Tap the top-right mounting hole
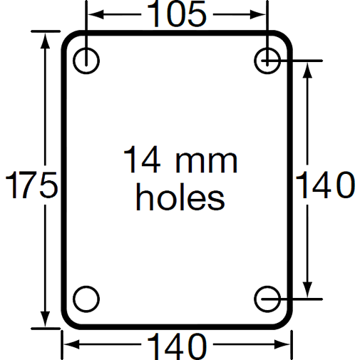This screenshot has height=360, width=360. pyautogui.click(x=267, y=59)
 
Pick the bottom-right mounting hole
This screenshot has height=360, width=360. pyautogui.click(x=267, y=297)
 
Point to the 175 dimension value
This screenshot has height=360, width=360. pyautogui.click(x=31, y=186)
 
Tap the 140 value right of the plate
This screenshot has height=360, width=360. pyautogui.click(x=324, y=186)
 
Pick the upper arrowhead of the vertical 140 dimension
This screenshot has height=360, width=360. pyautogui.click(x=308, y=67)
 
